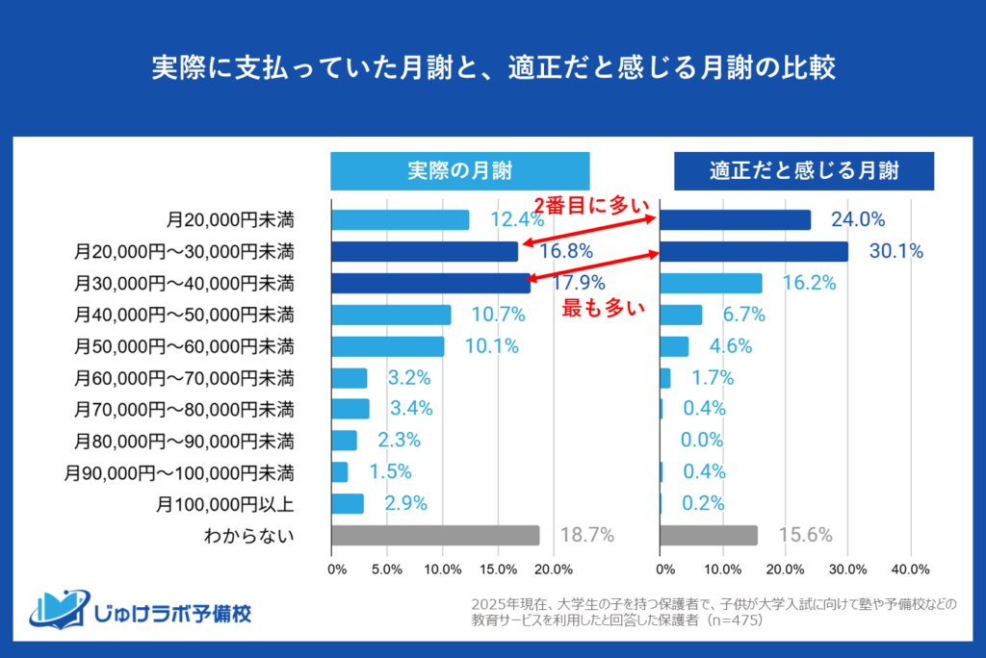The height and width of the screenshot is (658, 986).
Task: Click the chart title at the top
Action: pyautogui.click(x=493, y=69)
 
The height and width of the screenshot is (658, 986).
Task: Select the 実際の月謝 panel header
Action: pyautogui.click(x=459, y=171)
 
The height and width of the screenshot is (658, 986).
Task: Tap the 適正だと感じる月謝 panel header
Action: pyautogui.click(x=803, y=171)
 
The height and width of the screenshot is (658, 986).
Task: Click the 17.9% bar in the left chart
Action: pyautogui.click(x=430, y=283)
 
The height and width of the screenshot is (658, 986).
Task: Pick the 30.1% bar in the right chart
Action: pyautogui.click(x=754, y=251)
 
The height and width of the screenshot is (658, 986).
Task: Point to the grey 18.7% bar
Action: pyautogui.click(x=435, y=535)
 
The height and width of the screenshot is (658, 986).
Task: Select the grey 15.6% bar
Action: pyautogui.click(x=709, y=535)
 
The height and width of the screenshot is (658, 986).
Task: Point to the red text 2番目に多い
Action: pyautogui.click(x=593, y=203)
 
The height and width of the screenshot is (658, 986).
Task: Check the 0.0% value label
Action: pyautogui.click(x=702, y=441)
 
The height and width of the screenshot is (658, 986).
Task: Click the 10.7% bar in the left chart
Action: pyautogui.click(x=391, y=315)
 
